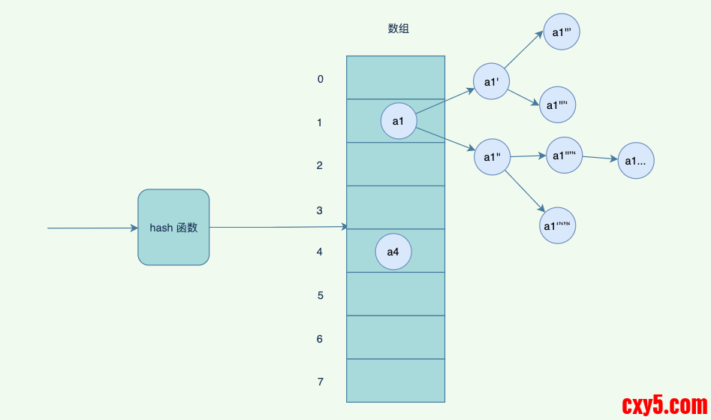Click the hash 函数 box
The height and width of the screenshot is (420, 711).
[x=173, y=227]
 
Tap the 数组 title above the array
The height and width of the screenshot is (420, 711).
[x=398, y=29]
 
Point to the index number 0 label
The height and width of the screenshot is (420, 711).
[x=320, y=79]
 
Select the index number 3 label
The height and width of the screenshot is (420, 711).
[x=320, y=210]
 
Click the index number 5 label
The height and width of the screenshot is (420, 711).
[x=320, y=295]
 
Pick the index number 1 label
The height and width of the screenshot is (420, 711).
[x=320, y=122]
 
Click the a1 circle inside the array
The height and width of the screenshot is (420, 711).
[x=398, y=121]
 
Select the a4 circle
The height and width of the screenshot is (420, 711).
[x=393, y=252]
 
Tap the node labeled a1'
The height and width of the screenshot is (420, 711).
[x=492, y=82]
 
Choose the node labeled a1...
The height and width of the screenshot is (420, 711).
[x=636, y=160]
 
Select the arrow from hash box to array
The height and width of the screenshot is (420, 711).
[x=278, y=227]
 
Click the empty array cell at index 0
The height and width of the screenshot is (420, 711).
[x=395, y=77]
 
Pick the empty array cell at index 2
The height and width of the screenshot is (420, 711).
[x=395, y=165]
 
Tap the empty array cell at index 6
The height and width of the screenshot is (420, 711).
[x=395, y=337]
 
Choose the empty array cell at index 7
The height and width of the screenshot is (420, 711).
[x=395, y=380]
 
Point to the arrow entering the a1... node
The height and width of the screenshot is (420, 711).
[x=600, y=158]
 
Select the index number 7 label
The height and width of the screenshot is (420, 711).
[x=320, y=382]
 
